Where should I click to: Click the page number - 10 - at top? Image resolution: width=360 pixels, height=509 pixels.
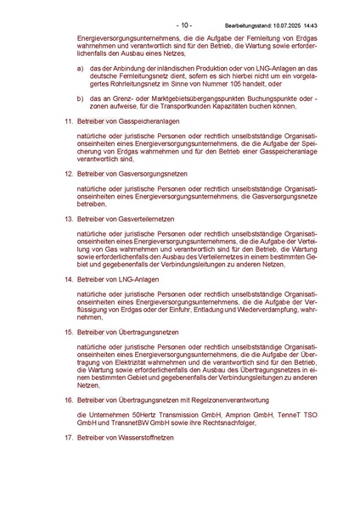[184, 25]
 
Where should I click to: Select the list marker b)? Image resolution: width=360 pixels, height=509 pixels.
[80, 98]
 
